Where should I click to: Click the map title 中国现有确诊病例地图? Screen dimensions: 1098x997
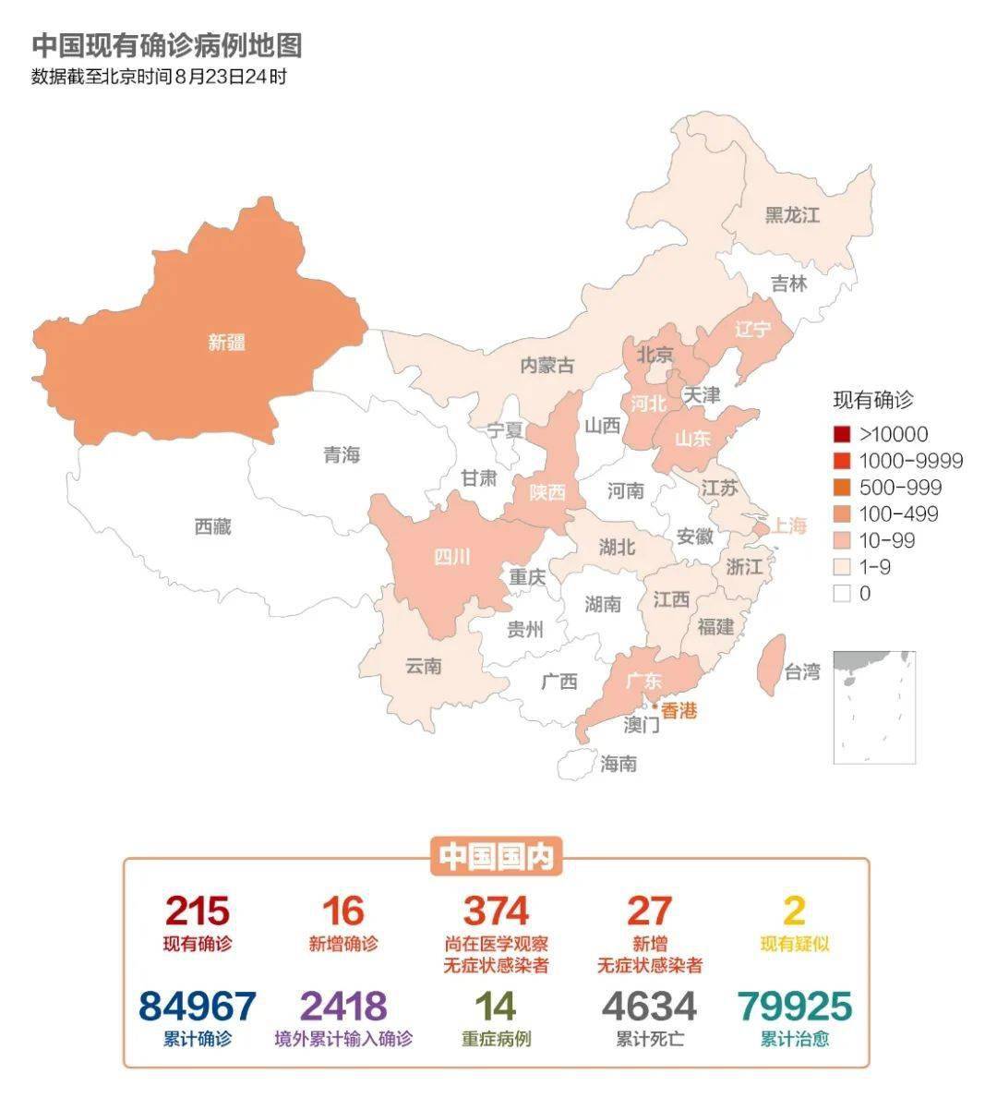[167, 45]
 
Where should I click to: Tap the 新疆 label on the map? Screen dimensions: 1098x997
[226, 343]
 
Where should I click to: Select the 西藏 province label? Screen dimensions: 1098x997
[212, 526]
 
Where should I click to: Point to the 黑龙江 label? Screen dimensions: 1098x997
[792, 215]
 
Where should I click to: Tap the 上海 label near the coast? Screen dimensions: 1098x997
[789, 525]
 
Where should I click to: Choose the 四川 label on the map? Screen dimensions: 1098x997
[452, 557]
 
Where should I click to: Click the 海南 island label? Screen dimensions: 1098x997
[618, 764]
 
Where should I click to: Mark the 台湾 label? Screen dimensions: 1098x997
[801, 671]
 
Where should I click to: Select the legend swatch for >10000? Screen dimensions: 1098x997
[842, 434]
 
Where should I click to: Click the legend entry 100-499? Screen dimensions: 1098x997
[897, 513]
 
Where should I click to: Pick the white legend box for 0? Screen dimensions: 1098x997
[842, 594]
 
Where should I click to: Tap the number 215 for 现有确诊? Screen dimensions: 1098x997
[197, 911]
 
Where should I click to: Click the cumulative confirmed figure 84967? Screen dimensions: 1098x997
[197, 1006]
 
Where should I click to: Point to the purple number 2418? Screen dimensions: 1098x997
[343, 1006]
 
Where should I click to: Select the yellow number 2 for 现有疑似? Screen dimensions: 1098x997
[794, 911]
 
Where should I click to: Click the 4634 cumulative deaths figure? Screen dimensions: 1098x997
[649, 1006]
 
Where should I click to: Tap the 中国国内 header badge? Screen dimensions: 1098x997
[496, 857]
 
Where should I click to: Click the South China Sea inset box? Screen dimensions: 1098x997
[874, 706]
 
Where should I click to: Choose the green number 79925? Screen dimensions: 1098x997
[794, 1006]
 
